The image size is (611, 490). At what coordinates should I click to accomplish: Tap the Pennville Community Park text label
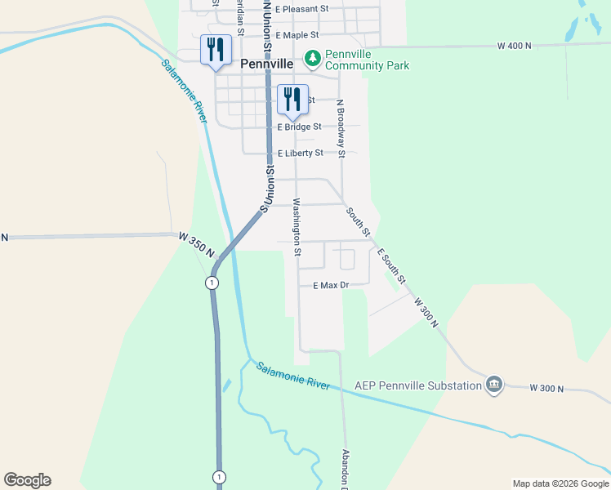pos(367,60)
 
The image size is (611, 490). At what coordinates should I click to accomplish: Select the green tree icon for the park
pos(312,58)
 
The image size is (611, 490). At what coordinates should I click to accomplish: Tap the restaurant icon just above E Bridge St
pos(292,99)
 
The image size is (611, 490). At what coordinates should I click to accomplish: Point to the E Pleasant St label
pos(301,9)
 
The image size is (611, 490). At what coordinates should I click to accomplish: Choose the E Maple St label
pos(297,36)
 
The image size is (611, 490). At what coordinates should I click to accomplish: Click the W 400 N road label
pos(514,46)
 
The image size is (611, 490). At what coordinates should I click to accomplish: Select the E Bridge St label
pos(300,127)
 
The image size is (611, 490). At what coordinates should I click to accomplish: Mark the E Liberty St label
pos(301,153)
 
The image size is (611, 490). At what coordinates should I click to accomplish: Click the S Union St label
pos(266,189)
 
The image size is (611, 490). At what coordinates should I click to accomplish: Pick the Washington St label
pos(297,226)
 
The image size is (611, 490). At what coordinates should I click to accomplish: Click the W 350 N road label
pos(196,245)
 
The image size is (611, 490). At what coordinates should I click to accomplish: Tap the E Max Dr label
pos(331,285)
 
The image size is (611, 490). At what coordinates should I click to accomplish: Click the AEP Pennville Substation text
pos(418,385)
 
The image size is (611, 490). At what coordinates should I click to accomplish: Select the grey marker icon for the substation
pos(493,384)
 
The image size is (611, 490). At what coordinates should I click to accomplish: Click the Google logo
pos(27,480)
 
